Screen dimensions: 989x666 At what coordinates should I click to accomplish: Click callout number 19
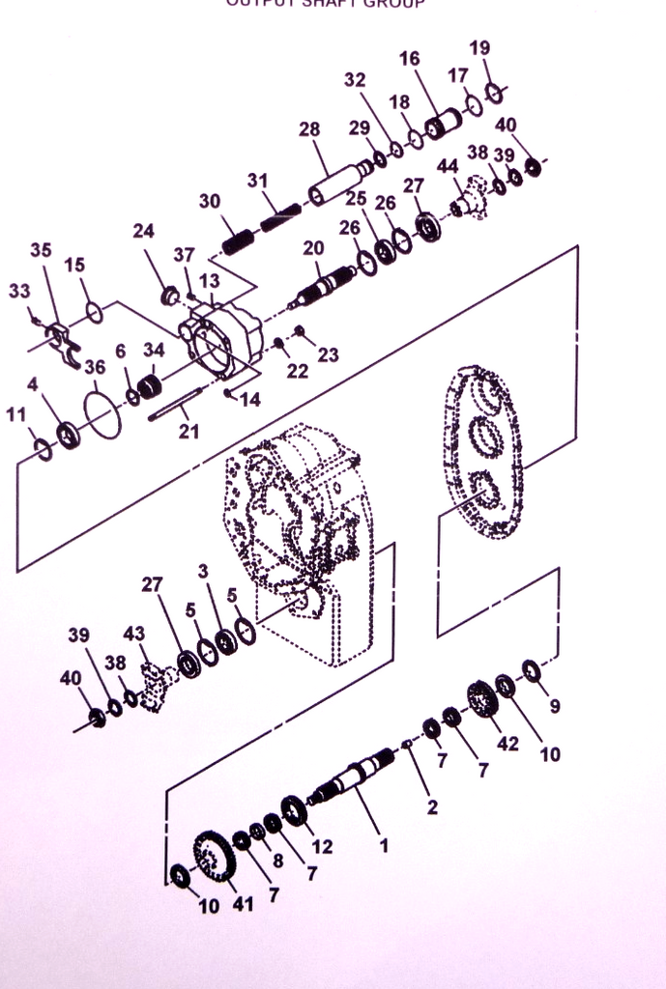pyautogui.click(x=479, y=48)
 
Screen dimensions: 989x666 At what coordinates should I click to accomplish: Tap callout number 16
pyautogui.click(x=409, y=59)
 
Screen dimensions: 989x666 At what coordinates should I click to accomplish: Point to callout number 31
pyautogui.click(x=257, y=181)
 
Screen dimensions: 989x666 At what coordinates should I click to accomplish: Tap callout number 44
pyautogui.click(x=448, y=166)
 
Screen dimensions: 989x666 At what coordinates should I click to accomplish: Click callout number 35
pyautogui.click(x=41, y=249)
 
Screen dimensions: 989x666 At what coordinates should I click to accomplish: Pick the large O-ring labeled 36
pyautogui.click(x=101, y=414)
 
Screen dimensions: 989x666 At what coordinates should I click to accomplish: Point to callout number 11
pyautogui.click(x=15, y=414)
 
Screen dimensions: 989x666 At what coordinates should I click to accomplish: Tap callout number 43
pyautogui.click(x=133, y=634)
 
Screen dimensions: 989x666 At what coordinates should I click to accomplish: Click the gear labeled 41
pyautogui.click(x=214, y=855)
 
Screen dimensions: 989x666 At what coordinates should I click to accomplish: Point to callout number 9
pyautogui.click(x=554, y=706)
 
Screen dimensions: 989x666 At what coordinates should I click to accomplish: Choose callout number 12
pyautogui.click(x=322, y=847)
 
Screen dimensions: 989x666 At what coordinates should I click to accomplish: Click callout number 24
pyautogui.click(x=144, y=231)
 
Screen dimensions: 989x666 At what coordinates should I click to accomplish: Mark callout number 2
pyautogui.click(x=432, y=807)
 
